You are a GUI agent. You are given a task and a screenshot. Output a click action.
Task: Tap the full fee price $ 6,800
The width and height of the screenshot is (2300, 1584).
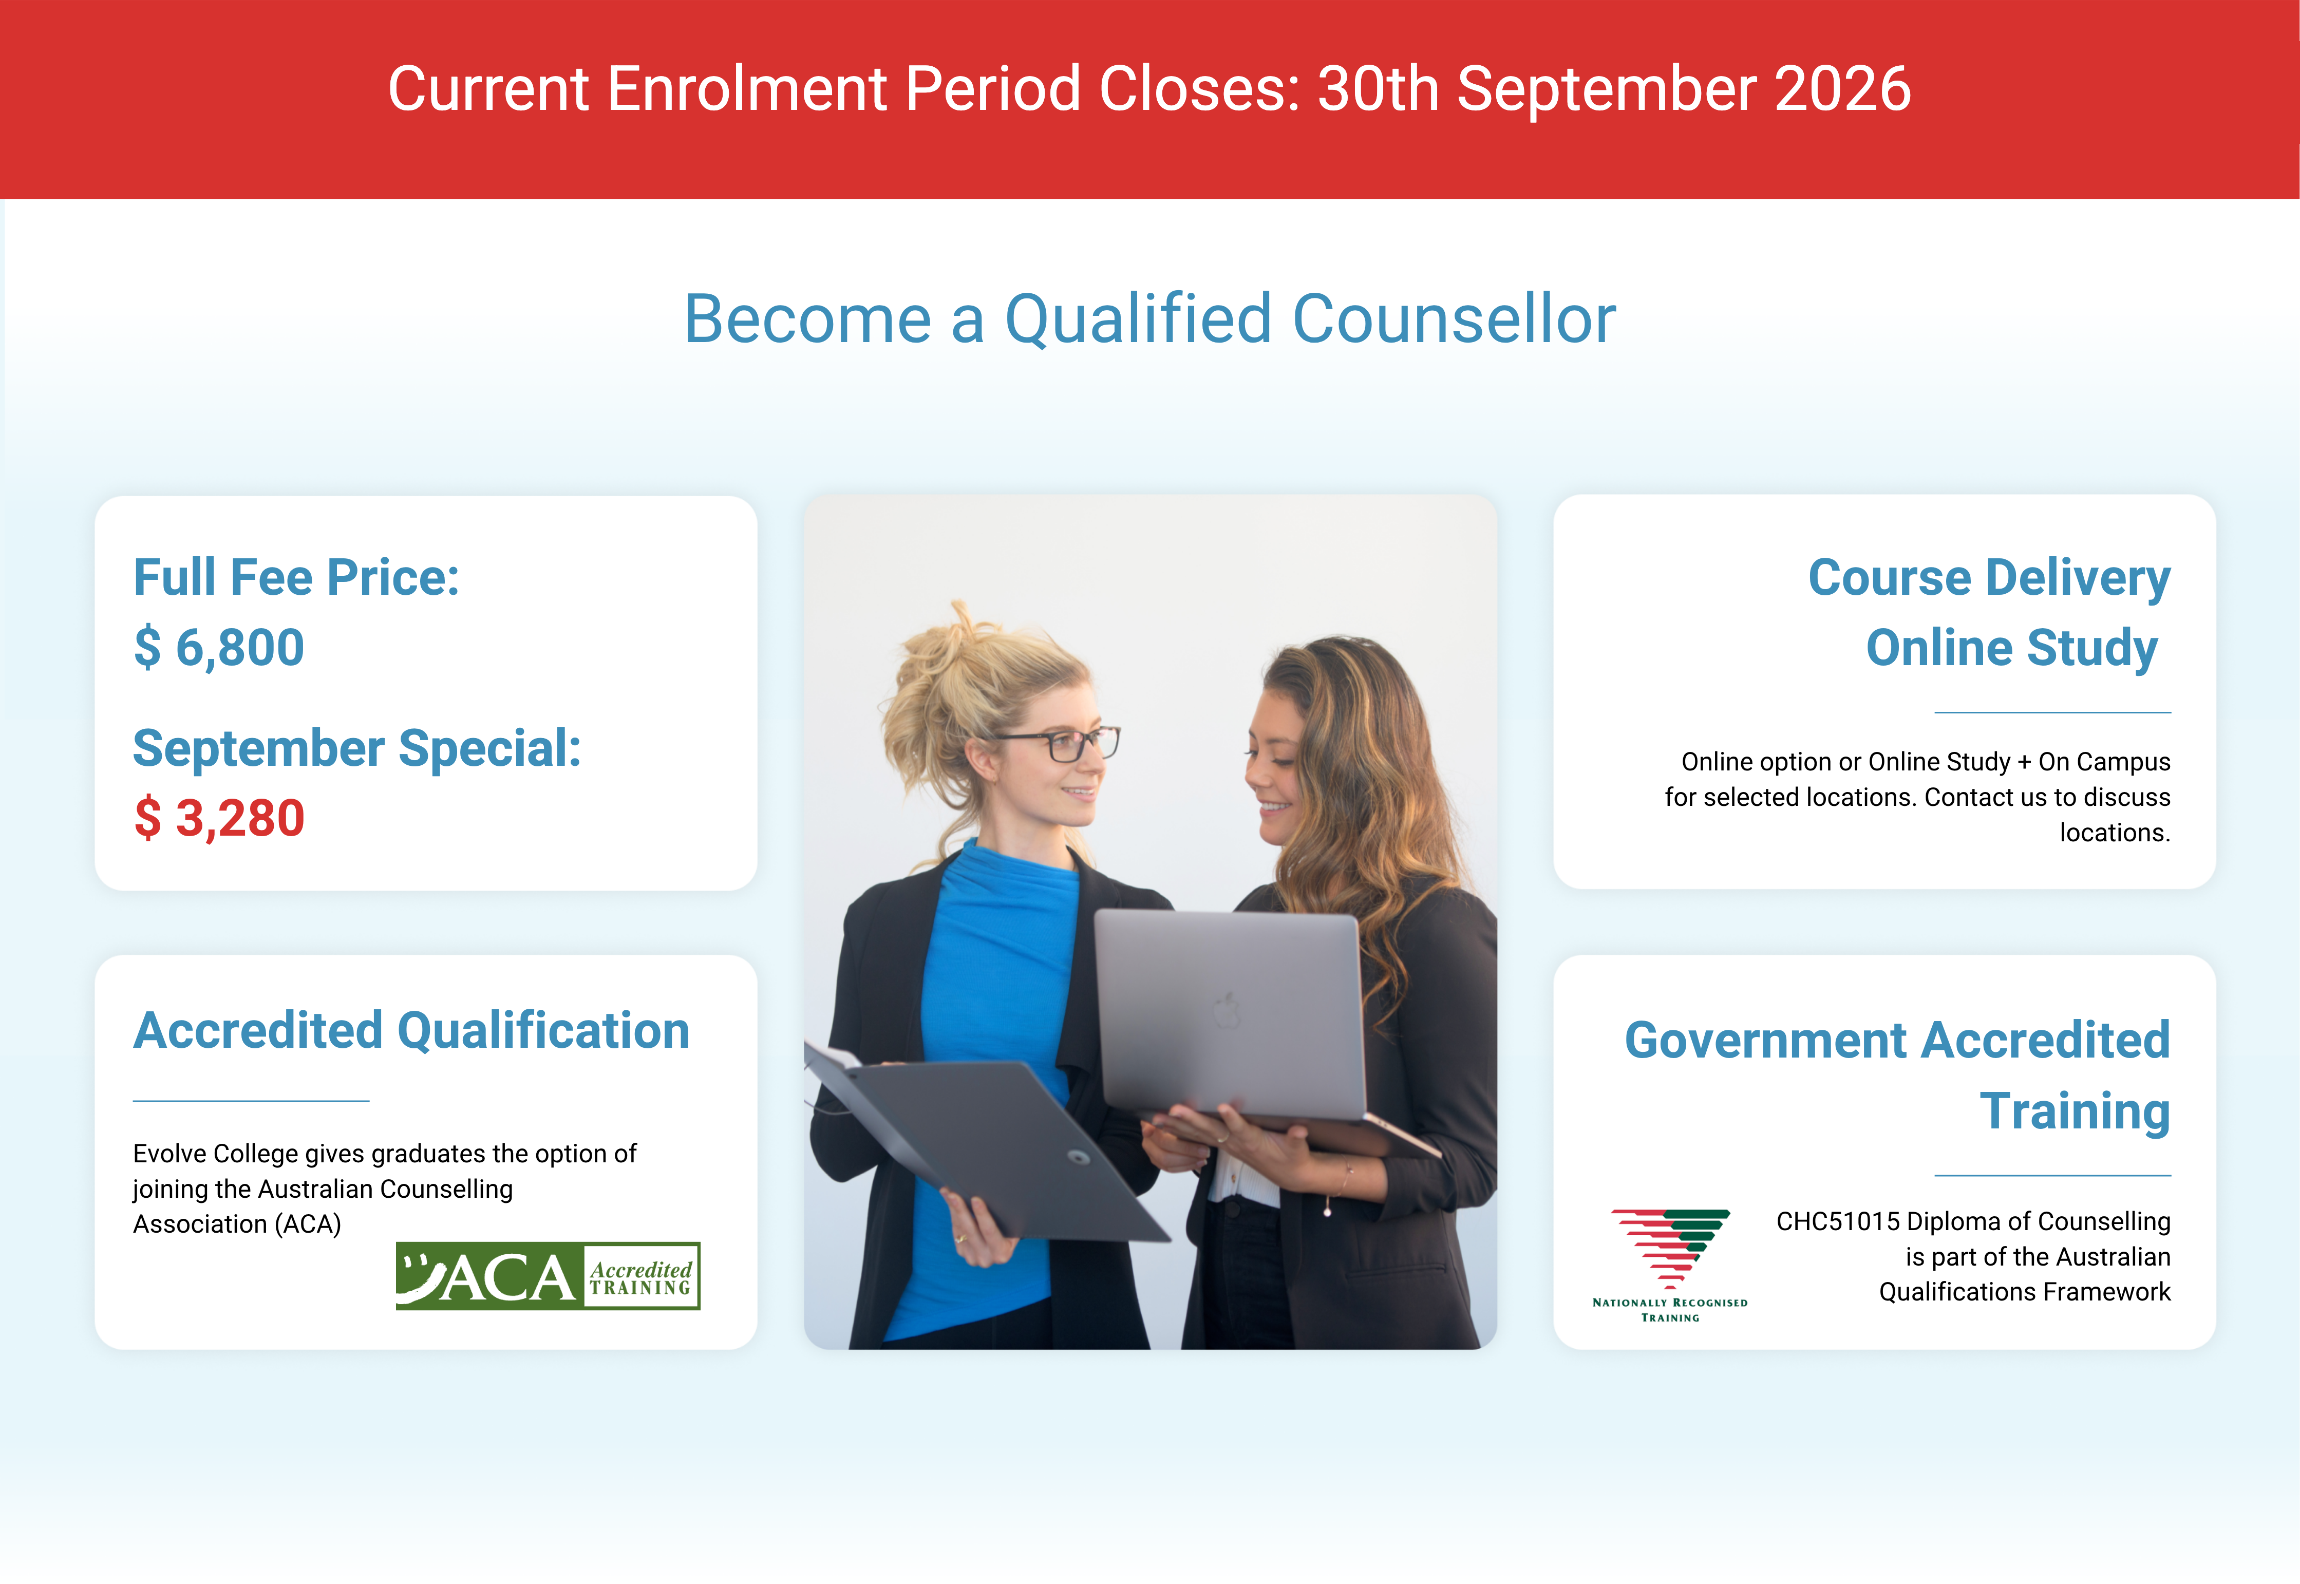pyautogui.click(x=219, y=648)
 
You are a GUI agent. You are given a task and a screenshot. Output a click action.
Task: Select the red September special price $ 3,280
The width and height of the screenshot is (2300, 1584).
pyautogui.click(x=219, y=819)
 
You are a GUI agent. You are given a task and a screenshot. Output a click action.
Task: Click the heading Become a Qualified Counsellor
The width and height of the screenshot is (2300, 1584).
pyautogui.click(x=1150, y=319)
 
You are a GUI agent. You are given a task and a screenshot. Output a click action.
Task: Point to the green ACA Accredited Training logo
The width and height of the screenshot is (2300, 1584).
pyautogui.click(x=548, y=1276)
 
